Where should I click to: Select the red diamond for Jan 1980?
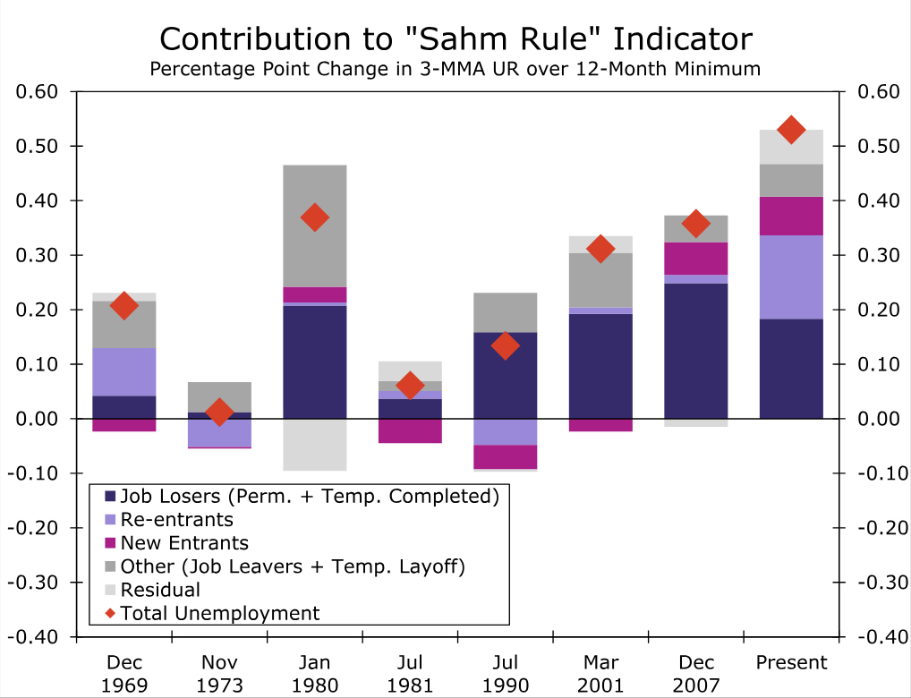coord(314,217)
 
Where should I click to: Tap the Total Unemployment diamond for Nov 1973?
coord(219,413)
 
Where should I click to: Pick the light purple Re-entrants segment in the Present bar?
coord(791,277)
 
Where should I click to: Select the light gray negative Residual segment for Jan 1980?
coord(314,445)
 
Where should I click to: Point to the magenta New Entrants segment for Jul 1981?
coord(410,430)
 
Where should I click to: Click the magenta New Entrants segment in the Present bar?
coord(791,216)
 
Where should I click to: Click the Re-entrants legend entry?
coord(176,520)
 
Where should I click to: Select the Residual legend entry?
coord(160,590)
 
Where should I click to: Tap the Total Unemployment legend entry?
coord(219,613)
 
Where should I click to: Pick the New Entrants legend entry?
coord(183,543)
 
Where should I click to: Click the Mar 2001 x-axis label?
coord(600,674)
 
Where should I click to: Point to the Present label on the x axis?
coord(791,663)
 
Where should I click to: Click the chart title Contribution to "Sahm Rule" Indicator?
coord(455,39)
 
